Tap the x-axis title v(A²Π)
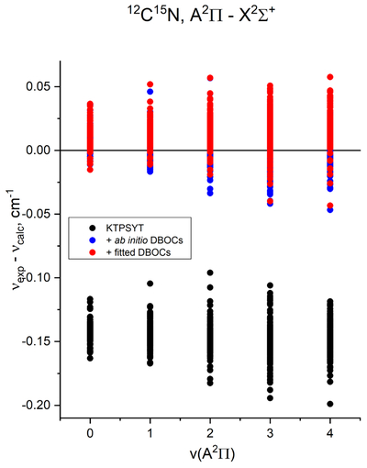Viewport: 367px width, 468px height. [x=212, y=453]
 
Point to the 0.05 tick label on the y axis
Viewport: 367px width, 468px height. [x=39, y=86]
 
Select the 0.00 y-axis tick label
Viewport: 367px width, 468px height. [x=39, y=150]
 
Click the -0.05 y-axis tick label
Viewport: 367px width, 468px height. [x=37, y=214]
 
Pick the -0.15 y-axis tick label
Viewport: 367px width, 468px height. [x=37, y=341]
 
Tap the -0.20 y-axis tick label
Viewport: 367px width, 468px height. [x=37, y=406]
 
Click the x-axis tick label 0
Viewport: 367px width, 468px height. [x=90, y=433]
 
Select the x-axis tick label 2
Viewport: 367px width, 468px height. [x=210, y=433]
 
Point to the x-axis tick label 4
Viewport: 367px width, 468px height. [x=330, y=433]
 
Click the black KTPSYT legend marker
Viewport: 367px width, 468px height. [x=92, y=228]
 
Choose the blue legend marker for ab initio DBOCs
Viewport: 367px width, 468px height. [x=92, y=240]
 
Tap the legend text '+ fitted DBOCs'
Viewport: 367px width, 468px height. [x=138, y=252]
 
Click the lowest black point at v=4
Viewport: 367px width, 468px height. [x=330, y=404]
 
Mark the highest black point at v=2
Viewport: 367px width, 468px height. [x=210, y=273]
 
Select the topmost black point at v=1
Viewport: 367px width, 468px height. [x=150, y=284]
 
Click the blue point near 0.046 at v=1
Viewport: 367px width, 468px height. [x=150, y=92]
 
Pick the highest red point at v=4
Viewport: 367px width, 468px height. [x=330, y=77]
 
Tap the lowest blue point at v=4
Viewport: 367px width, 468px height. [x=330, y=210]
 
